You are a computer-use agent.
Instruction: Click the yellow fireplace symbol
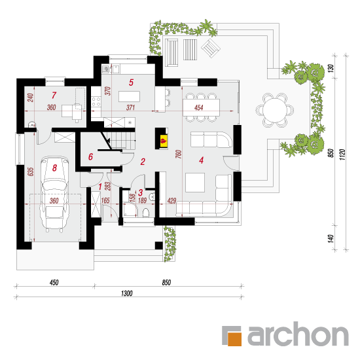[164, 140]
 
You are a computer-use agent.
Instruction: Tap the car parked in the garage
[54, 194]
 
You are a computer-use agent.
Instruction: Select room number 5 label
[131, 82]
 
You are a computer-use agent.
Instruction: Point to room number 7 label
[54, 95]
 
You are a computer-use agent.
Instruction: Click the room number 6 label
[91, 157]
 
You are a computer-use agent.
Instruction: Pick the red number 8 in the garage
[54, 168]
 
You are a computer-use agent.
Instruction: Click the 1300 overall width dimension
[127, 293]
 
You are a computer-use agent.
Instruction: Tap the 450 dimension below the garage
[54, 282]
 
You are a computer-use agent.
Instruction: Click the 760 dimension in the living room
[179, 154]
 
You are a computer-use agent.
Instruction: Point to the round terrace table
[275, 110]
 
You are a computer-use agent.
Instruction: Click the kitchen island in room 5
[129, 96]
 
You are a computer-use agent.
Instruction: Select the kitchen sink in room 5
[115, 69]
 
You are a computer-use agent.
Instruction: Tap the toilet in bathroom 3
[146, 212]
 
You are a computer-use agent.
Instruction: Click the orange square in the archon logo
[234, 338]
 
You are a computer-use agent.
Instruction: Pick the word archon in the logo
[298, 334]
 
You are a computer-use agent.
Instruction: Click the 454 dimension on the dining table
[198, 107]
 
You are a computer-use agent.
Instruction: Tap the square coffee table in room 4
[195, 183]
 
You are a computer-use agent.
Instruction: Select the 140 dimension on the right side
[331, 238]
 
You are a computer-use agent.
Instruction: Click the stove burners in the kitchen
[96, 101]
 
